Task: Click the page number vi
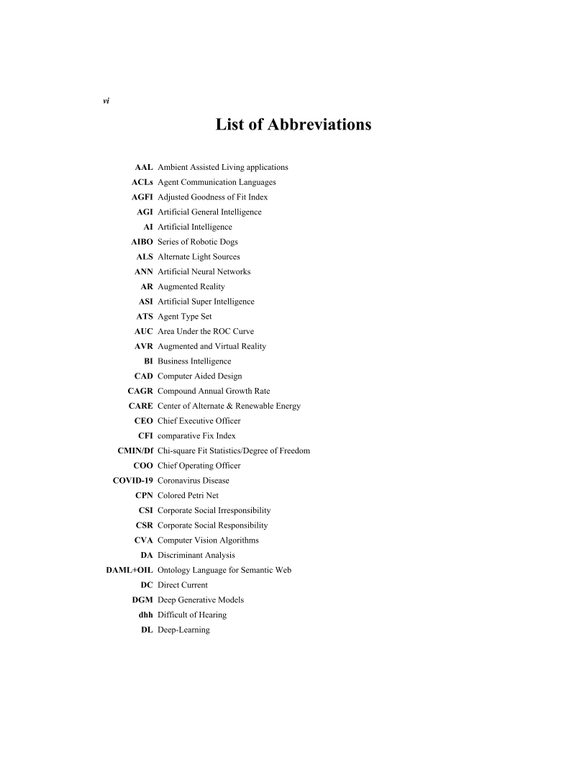point(106,101)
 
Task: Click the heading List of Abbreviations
point(293,125)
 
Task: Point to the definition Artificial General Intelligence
point(209,212)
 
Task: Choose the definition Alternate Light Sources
point(199,256)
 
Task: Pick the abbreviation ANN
point(143,271)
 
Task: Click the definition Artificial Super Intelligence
point(206,302)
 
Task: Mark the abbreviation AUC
point(143,331)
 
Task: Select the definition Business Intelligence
point(194,361)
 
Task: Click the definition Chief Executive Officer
point(199,421)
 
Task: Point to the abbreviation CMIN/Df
point(135,451)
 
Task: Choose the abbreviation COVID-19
point(133,481)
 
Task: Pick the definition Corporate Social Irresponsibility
point(214,510)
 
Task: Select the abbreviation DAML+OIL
point(129,570)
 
